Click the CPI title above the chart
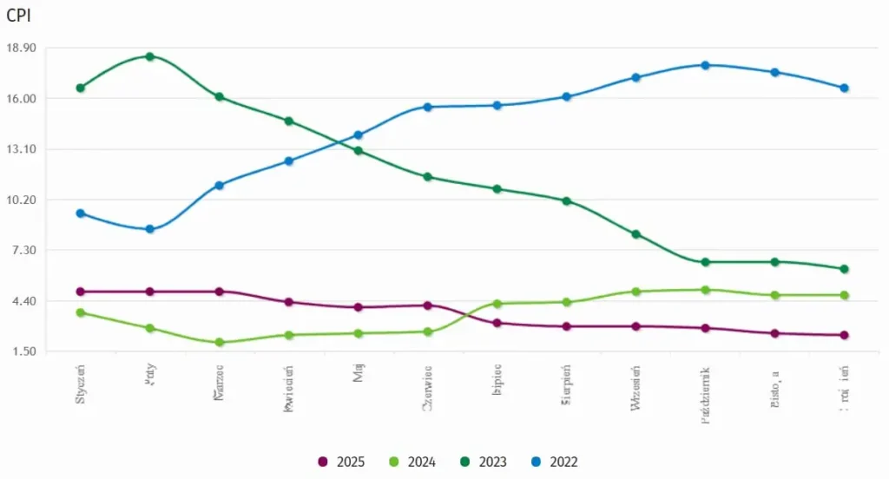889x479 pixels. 19,15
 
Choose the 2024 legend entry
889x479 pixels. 412,462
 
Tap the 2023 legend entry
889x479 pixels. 483,462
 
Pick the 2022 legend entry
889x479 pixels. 553,462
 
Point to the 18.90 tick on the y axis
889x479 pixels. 20,48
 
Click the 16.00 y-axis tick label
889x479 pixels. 20,98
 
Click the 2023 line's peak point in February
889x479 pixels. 150,56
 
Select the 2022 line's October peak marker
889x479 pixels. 705,65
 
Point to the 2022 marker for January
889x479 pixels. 81,213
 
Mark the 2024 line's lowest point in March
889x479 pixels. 220,342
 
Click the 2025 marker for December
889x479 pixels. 844,335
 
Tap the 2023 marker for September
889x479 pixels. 635,234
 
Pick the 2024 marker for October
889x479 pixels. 705,290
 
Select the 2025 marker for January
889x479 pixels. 81,292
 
